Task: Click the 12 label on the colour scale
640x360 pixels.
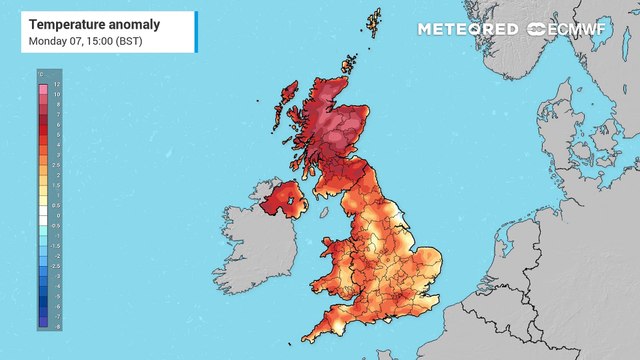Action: point(57,84)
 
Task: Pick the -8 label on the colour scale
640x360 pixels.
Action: point(57,325)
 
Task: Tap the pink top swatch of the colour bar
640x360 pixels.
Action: point(44,89)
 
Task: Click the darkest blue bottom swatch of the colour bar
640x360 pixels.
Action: point(44,321)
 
